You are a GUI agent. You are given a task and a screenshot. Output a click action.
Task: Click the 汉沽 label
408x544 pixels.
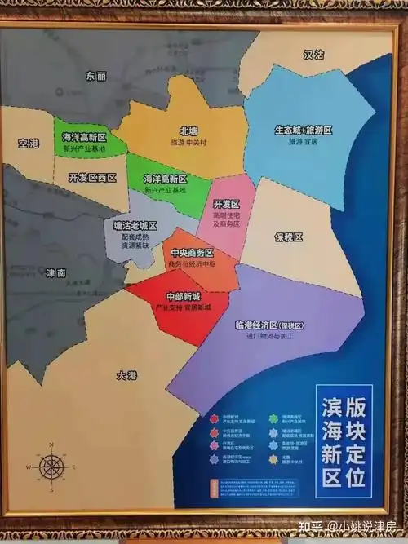tap(313, 55)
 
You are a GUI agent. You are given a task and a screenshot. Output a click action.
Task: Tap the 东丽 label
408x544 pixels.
tap(96, 76)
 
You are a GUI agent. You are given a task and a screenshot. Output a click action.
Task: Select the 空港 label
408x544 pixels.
tap(28, 143)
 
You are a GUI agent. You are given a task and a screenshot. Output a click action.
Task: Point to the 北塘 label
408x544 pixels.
tap(189, 130)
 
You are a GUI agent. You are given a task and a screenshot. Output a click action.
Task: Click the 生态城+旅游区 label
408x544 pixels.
tap(303, 130)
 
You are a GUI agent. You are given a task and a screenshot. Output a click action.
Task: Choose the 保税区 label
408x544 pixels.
tap(288, 237)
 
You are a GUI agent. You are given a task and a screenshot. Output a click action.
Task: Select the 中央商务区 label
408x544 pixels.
tap(190, 253)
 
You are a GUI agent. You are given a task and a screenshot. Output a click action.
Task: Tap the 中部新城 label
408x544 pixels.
tap(182, 297)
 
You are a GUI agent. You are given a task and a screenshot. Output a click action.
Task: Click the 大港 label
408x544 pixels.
tap(126, 376)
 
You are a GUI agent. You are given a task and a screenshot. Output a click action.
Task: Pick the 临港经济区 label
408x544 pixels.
tap(265, 324)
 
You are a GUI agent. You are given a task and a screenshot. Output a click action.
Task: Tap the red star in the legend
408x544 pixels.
tap(214, 418)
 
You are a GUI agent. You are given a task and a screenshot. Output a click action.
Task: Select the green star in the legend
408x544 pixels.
tap(273, 418)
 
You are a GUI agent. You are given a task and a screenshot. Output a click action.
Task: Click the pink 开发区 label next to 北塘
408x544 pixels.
tap(225, 203)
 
